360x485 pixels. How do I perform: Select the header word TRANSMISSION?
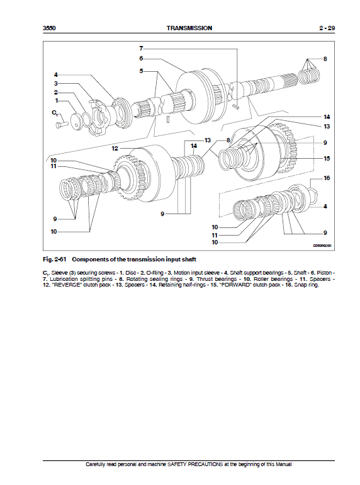click(x=189, y=28)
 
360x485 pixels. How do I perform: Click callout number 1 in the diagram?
click(x=56, y=100)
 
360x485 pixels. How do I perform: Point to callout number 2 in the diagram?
click(x=56, y=92)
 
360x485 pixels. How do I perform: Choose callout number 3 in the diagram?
click(x=56, y=83)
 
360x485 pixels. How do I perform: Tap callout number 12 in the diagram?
click(x=115, y=149)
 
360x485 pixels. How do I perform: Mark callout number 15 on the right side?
click(x=326, y=159)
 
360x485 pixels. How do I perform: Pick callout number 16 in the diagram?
click(x=326, y=179)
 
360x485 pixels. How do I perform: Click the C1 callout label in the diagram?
click(x=55, y=113)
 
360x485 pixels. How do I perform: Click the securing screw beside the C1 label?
click(x=61, y=125)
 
